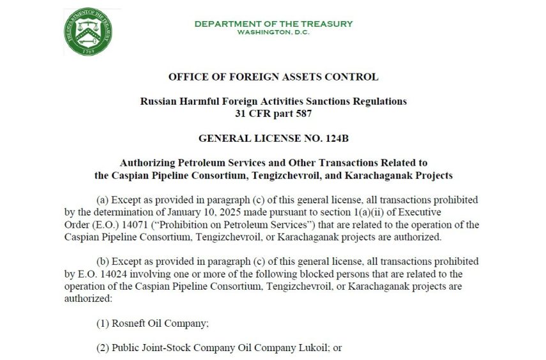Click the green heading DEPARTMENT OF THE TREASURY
pyautogui.click(x=273, y=24)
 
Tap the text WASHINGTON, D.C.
pyautogui.click(x=273, y=32)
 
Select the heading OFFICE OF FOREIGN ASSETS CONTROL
pyautogui.click(x=273, y=77)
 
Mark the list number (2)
pyautogui.click(x=103, y=348)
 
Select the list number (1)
pyautogui.click(x=103, y=323)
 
